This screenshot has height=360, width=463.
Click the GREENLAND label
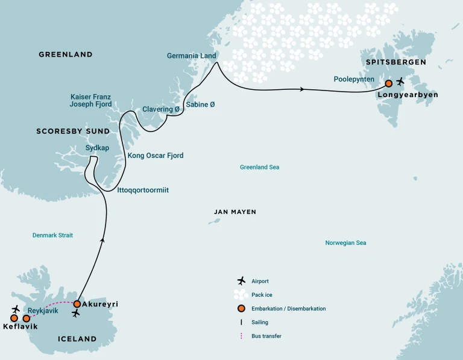66,54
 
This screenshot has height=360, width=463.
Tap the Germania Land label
192,56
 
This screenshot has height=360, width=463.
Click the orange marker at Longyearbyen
389,83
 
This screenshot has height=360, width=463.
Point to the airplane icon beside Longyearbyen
401,81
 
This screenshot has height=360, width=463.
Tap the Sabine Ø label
200,104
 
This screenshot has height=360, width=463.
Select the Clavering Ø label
161,109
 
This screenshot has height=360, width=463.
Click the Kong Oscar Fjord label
156,156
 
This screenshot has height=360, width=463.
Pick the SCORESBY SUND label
73,131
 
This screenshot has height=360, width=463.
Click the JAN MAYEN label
235,212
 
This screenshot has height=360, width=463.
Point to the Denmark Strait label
52,235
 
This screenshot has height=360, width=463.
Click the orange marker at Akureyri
77,304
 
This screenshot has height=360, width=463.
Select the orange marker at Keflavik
14,318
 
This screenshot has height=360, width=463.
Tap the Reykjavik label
43,311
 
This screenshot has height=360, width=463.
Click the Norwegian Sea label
345,243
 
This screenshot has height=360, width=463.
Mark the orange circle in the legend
241,308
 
